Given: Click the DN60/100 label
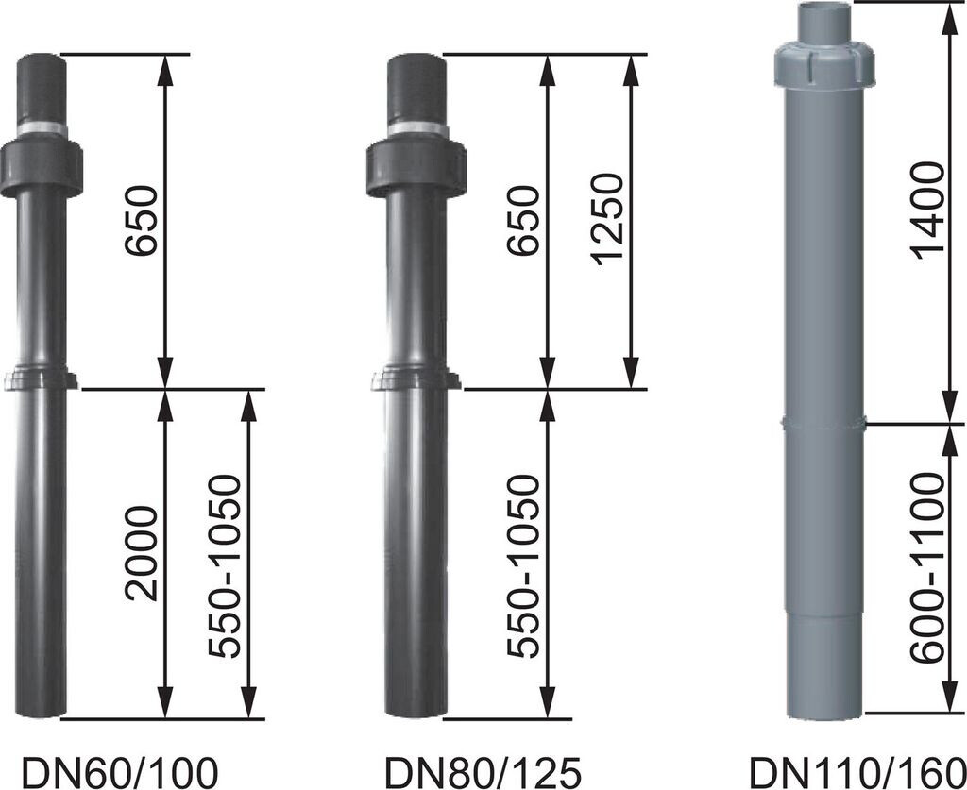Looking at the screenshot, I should point(110,769).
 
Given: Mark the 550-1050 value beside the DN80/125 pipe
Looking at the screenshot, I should point(522,566).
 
